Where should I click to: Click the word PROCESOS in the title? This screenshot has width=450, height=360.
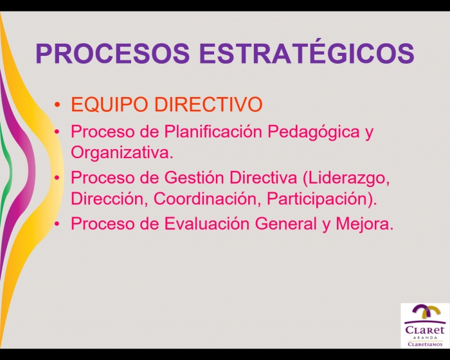[x=113, y=53]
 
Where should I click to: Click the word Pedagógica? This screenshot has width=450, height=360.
[x=314, y=132]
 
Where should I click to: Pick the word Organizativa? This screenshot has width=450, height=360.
[x=122, y=153]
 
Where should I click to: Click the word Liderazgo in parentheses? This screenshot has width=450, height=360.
[x=346, y=178]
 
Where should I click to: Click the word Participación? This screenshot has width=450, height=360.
[x=321, y=199]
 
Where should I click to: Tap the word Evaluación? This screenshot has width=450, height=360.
[x=206, y=223]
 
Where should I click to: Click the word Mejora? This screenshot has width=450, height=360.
[x=364, y=224]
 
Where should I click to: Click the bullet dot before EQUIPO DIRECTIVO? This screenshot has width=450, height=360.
[x=57, y=105]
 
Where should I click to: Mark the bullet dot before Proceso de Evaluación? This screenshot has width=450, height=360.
[x=57, y=224]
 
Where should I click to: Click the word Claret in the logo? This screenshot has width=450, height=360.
[x=425, y=329]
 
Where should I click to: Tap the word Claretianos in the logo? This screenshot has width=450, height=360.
[x=426, y=344]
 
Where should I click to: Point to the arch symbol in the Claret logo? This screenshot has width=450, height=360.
[x=426, y=311]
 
